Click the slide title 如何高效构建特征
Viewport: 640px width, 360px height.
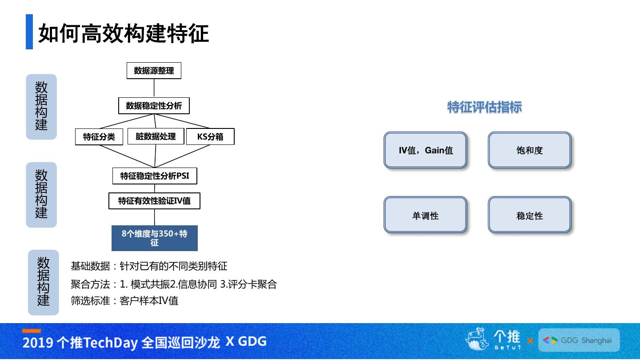pyautogui.click(x=124, y=33)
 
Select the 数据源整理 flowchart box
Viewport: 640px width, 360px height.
pyautogui.click(x=154, y=71)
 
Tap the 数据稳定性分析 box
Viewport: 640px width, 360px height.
pyautogui.click(x=154, y=106)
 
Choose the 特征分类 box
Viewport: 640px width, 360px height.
pyautogui.click(x=99, y=137)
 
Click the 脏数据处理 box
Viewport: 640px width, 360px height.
pyautogui.click(x=156, y=136)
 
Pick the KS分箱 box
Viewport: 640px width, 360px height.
pyautogui.click(x=210, y=137)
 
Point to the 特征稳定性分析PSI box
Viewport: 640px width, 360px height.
pyautogui.click(x=155, y=176)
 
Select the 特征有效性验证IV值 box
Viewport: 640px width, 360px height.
pyautogui.click(x=154, y=201)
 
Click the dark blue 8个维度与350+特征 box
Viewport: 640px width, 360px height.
pyautogui.click(x=154, y=238)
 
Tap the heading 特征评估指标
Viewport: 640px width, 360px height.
pyautogui.click(x=484, y=107)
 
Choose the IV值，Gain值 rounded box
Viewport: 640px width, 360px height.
pyautogui.click(x=425, y=150)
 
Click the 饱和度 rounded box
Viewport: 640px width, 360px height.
pyautogui.click(x=529, y=150)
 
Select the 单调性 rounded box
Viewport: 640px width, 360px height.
pyautogui.click(x=425, y=216)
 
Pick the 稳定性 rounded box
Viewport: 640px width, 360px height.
pyautogui.click(x=529, y=216)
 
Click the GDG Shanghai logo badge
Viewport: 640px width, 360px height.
pyautogui.click(x=579, y=340)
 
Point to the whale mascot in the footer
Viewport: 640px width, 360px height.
pyautogui.click(x=477, y=340)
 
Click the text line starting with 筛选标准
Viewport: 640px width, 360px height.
pyautogui.click(x=124, y=301)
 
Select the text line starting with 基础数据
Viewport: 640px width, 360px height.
pyautogui.click(x=149, y=266)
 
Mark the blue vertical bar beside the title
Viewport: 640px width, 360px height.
pyautogui.click(x=29, y=32)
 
